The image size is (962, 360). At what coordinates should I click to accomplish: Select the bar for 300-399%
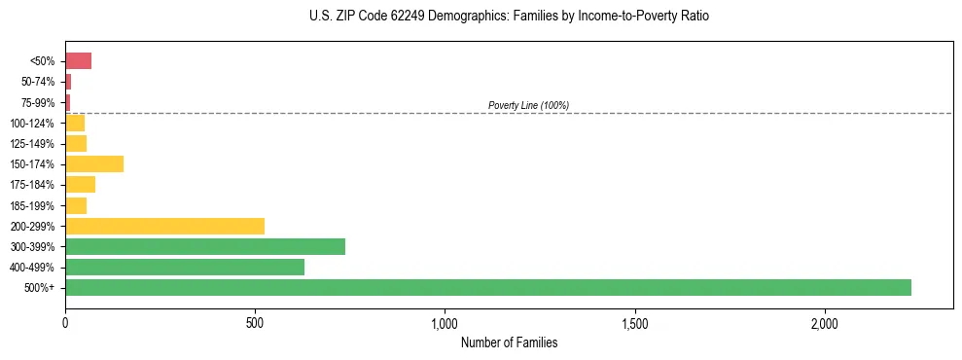(205, 246)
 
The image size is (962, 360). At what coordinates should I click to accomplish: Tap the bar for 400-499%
(185, 267)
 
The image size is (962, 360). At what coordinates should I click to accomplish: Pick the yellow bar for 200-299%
(164, 226)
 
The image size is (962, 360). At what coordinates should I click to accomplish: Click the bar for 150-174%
(94, 163)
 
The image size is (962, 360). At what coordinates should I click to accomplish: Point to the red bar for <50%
(78, 61)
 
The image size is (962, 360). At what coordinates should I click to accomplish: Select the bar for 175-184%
(80, 184)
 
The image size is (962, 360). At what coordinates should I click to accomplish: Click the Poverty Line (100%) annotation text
(528, 105)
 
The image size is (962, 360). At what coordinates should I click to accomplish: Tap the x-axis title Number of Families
(509, 342)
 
